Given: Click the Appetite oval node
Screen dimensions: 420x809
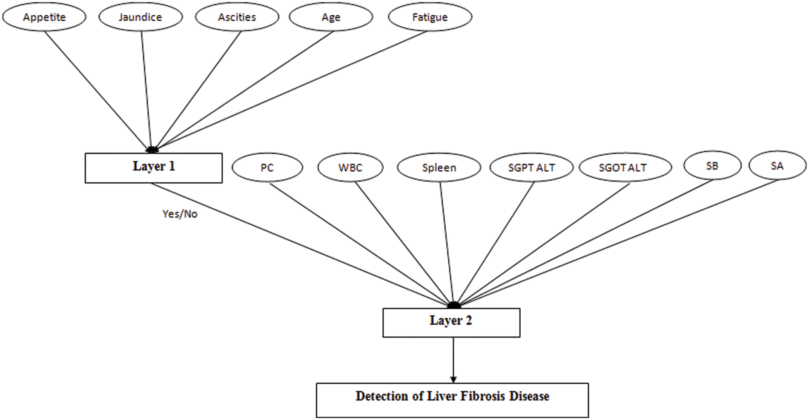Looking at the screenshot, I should click(x=44, y=17).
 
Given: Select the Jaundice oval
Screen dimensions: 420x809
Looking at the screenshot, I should click(x=141, y=17).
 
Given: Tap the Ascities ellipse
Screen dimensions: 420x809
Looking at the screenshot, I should click(x=237, y=17).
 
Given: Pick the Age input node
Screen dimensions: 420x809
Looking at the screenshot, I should click(x=331, y=17).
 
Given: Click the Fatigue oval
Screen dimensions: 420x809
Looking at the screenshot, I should click(x=430, y=17).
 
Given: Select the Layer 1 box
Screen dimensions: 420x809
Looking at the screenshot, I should click(x=154, y=168).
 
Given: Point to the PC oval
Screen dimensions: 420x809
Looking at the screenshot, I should click(x=267, y=167).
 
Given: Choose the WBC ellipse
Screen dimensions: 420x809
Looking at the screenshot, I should click(x=350, y=167).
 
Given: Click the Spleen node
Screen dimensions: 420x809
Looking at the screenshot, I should click(x=439, y=167).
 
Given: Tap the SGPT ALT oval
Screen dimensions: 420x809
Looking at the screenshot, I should click(x=532, y=167).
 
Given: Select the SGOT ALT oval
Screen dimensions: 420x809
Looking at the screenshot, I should click(x=623, y=167).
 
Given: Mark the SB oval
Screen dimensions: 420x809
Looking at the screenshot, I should click(x=712, y=165).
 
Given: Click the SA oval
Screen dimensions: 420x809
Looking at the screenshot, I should click(x=777, y=165).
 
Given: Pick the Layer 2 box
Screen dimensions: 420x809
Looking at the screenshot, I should click(x=451, y=323).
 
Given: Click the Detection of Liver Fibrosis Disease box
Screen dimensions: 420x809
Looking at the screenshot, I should click(x=452, y=400).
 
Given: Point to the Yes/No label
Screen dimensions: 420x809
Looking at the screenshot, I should click(x=180, y=214).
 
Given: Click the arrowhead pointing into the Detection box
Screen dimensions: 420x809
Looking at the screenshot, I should click(x=453, y=379).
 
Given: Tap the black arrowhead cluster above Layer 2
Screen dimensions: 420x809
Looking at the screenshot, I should click(x=454, y=305).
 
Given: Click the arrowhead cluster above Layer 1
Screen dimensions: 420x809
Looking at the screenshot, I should click(x=152, y=150).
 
